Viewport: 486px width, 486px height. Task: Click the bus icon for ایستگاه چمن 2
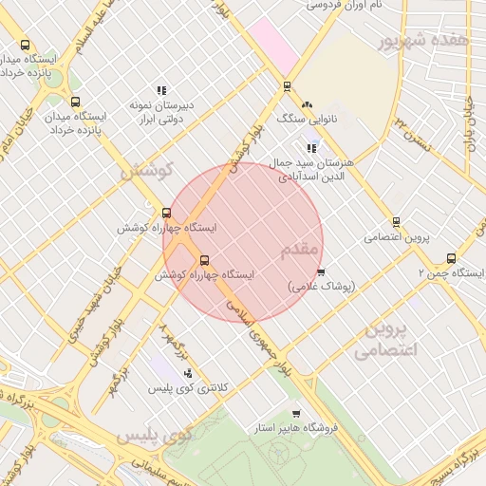click(x=451, y=258)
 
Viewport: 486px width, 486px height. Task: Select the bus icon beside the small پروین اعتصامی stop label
click(x=396, y=221)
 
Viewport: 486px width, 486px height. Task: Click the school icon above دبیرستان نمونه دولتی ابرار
click(x=160, y=90)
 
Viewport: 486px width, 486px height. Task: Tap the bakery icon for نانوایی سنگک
click(x=306, y=105)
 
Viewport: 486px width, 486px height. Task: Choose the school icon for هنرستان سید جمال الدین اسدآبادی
click(x=311, y=147)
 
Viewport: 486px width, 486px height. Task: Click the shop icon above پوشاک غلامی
click(x=321, y=271)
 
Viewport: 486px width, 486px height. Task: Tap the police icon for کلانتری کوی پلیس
click(x=188, y=373)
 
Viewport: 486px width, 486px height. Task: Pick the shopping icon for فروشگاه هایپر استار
click(x=297, y=414)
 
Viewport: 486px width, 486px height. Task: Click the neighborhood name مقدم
click(x=302, y=250)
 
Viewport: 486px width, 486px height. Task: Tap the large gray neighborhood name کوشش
click(x=144, y=172)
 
